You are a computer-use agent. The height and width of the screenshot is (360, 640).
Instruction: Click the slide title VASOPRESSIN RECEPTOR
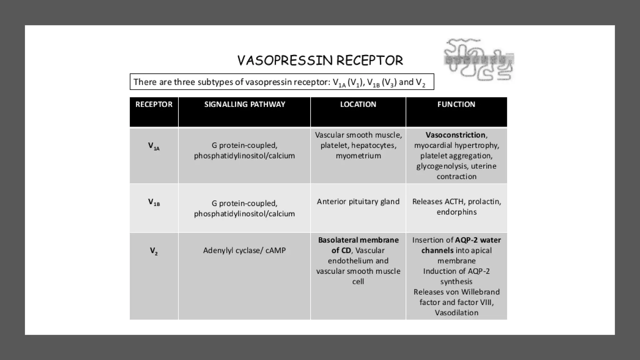(x=320, y=61)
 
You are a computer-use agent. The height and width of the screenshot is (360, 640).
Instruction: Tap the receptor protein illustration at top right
(x=478, y=59)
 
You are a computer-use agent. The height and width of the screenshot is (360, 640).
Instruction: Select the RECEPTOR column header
(x=154, y=104)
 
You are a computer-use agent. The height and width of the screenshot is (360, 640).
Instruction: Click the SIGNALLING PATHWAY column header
(x=245, y=104)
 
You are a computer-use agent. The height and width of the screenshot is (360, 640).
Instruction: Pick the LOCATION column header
(x=358, y=104)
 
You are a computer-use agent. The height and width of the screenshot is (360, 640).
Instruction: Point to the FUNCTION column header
(x=456, y=104)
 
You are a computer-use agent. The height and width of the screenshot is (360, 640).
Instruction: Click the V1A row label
(x=154, y=146)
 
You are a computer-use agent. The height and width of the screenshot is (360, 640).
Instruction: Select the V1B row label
(x=154, y=202)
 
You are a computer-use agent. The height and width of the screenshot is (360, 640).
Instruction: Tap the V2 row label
(x=154, y=251)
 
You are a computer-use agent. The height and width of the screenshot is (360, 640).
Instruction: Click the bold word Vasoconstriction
(x=455, y=135)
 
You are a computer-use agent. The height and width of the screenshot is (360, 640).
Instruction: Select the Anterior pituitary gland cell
(x=358, y=202)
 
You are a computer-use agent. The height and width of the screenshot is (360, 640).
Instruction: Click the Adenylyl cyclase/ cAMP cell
(x=244, y=250)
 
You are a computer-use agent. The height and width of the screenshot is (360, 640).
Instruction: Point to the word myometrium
(x=358, y=156)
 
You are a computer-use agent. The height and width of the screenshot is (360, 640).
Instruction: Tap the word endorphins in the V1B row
(x=457, y=212)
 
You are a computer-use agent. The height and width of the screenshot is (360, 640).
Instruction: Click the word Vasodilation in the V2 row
(x=457, y=312)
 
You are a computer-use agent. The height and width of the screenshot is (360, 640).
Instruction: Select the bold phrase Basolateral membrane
(x=358, y=240)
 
